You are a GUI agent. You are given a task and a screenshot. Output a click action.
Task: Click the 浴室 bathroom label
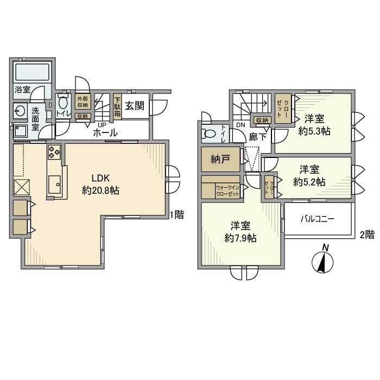point(22,90)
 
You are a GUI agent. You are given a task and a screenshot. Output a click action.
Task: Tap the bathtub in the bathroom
point(32,73)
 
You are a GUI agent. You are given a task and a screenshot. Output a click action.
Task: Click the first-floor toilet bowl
point(62,104)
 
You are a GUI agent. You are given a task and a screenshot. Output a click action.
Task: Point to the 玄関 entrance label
point(134,106)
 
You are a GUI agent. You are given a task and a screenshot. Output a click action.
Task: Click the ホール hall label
point(105,132)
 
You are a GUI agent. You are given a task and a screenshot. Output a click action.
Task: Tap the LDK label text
point(101,179)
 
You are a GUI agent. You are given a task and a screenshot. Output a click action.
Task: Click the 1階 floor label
point(176,215)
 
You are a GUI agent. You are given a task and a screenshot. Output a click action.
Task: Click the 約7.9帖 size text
point(241,238)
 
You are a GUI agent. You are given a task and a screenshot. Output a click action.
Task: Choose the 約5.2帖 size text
point(309,182)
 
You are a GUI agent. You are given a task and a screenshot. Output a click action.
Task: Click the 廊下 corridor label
point(257,137)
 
